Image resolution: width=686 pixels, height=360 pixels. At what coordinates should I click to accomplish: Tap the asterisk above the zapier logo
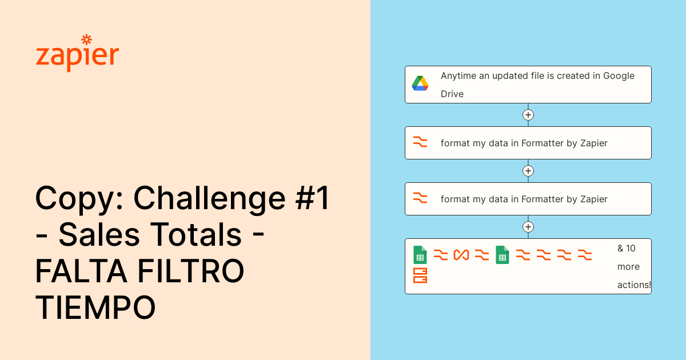click(86, 39)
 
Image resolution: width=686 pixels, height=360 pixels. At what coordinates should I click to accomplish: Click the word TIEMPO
click(95, 307)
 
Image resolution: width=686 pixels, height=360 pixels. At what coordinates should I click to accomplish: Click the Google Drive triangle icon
click(420, 83)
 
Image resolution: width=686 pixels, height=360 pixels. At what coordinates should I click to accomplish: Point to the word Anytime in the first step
click(458, 76)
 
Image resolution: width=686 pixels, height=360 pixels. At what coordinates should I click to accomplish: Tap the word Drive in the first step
click(452, 94)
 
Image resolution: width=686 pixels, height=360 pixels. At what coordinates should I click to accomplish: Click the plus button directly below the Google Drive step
click(528, 115)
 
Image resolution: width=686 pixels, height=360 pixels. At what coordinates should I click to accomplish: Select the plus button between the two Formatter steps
click(528, 171)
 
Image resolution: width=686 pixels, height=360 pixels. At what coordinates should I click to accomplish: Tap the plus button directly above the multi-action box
click(528, 227)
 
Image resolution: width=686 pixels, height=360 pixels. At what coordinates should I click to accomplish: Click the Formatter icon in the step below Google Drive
click(420, 142)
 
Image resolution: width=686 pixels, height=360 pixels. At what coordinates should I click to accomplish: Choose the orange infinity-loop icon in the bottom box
click(461, 255)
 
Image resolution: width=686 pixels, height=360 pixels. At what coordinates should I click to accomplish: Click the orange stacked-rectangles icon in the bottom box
click(420, 276)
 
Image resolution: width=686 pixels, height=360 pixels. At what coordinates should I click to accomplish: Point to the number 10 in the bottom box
click(630, 249)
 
